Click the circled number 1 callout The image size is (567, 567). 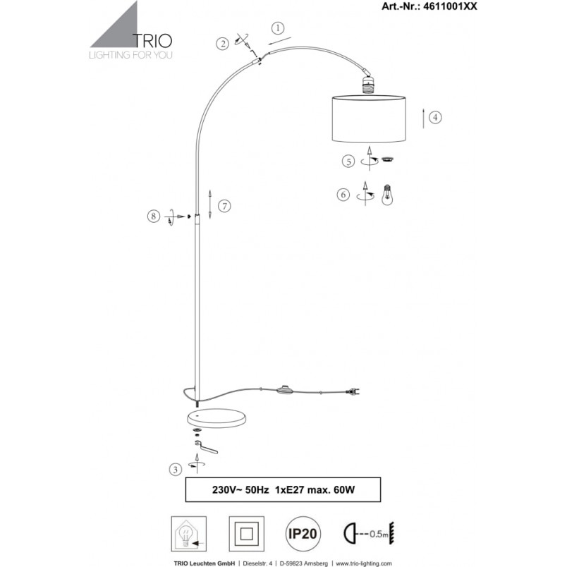pos(278,28)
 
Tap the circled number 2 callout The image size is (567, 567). pos(222,44)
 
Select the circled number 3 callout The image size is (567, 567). pos(176,470)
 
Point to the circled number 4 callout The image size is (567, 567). pos(435,117)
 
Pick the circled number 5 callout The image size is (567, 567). pos(348,161)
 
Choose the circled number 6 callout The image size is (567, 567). pos(343,195)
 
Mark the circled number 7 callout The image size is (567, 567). pos(224,206)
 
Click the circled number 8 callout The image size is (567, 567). pos(154,217)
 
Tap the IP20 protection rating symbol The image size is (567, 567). pos(303,534)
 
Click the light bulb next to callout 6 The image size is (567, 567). pos(388,195)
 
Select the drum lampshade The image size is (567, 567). pos(369,118)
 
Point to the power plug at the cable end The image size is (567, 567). pos(353,391)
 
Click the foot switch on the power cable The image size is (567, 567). pos(286,390)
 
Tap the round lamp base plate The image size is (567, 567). pos(217,418)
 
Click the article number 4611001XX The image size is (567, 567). pos(450,6)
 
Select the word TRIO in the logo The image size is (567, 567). pos(152,40)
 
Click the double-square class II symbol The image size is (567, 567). pos(247,534)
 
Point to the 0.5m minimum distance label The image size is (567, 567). pos(379,534)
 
